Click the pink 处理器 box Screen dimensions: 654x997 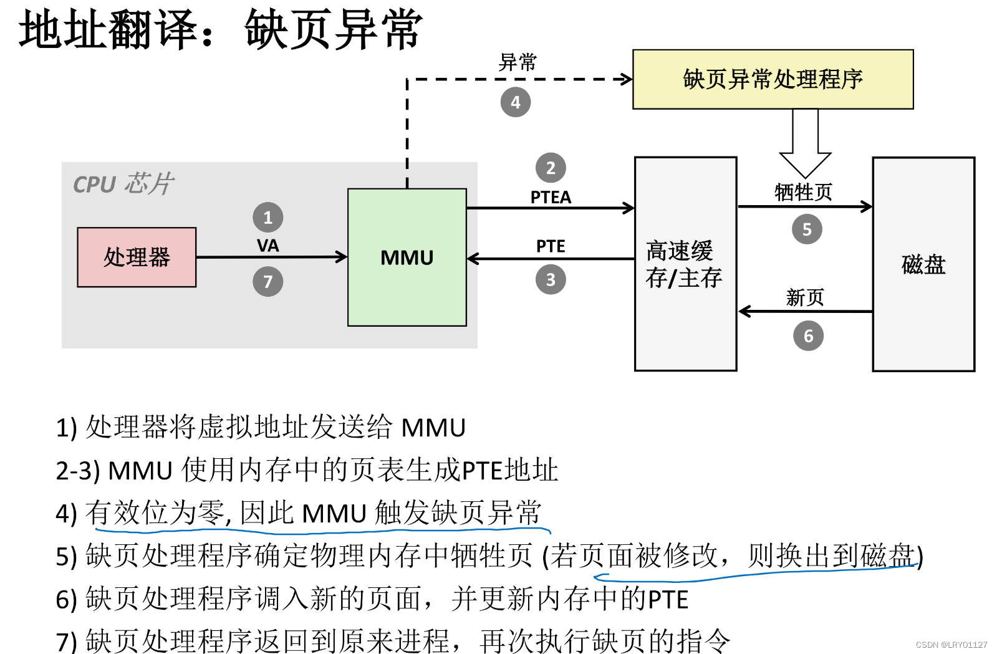(x=137, y=257)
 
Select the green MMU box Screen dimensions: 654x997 (x=407, y=257)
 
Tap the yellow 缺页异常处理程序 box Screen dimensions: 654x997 (x=773, y=79)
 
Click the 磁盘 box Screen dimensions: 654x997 (x=923, y=264)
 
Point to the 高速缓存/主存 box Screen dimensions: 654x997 (x=685, y=264)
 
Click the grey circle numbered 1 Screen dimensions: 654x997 (x=268, y=218)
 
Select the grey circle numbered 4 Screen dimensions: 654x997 (x=516, y=102)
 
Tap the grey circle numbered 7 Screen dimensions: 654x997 (x=268, y=282)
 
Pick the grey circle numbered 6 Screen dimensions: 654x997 (x=808, y=336)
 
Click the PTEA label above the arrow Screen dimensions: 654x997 (x=551, y=197)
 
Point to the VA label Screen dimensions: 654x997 (x=268, y=246)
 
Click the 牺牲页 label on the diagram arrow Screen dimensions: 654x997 (x=803, y=192)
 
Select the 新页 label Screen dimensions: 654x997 (x=804, y=297)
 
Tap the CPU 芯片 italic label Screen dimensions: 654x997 (x=123, y=184)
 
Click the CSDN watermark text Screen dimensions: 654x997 (x=951, y=645)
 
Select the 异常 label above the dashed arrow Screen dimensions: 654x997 (x=518, y=62)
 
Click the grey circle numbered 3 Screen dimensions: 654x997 (x=551, y=280)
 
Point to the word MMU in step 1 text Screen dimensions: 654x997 (x=433, y=428)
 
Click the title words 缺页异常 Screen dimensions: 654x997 (x=334, y=30)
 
